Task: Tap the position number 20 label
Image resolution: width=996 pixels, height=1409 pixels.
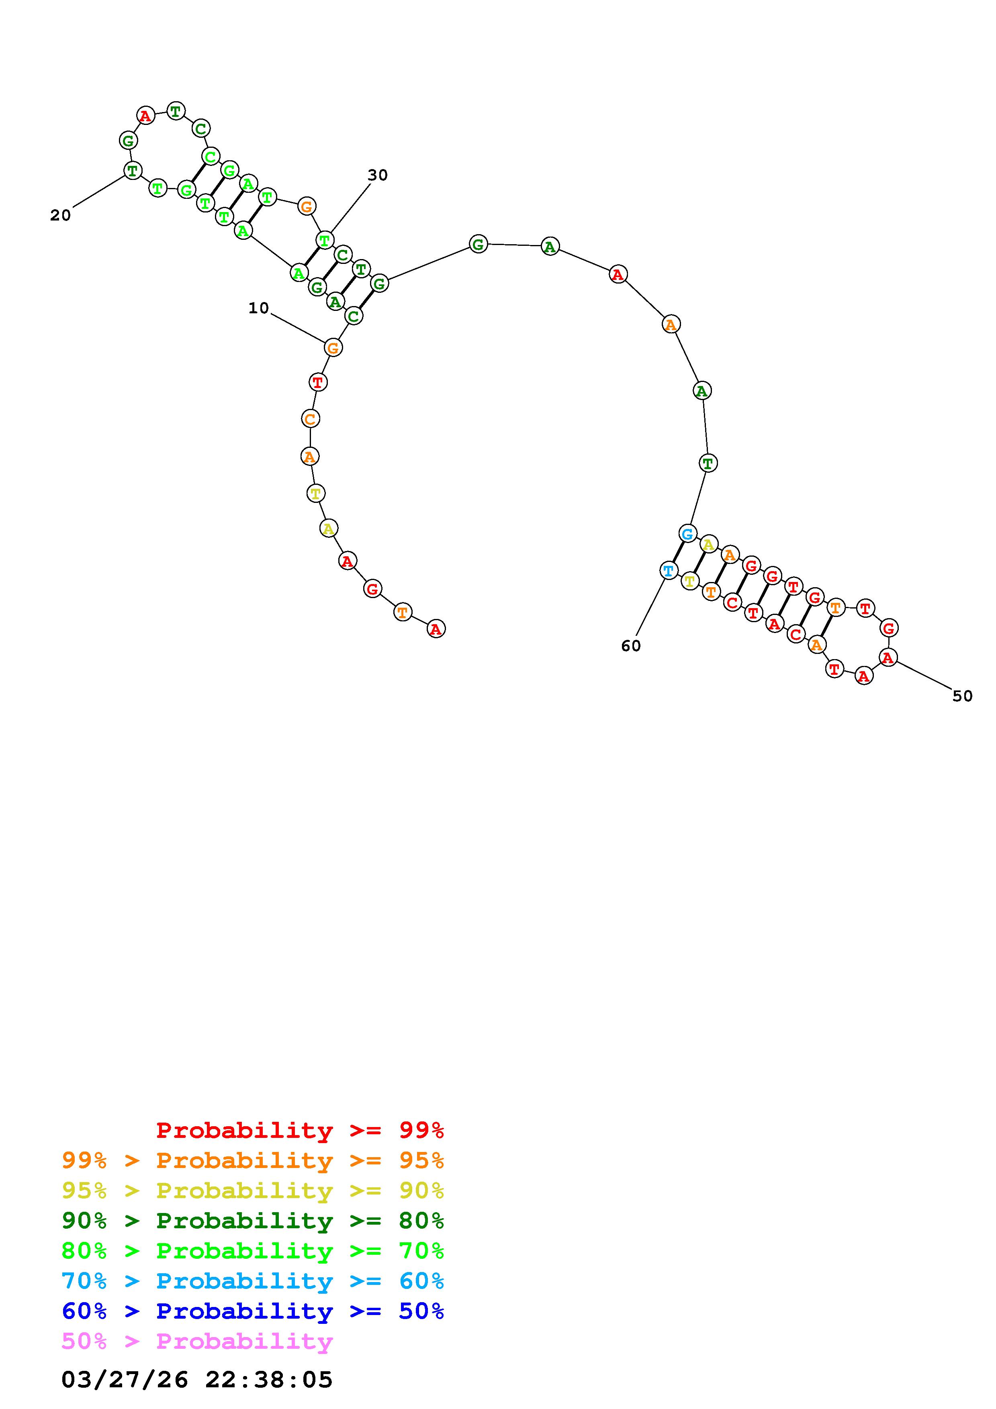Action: click(x=60, y=215)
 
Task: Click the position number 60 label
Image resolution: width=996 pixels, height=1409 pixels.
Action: click(x=631, y=645)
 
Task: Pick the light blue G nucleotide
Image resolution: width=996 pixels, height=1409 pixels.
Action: click(x=687, y=533)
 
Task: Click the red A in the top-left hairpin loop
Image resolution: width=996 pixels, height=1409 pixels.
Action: click(x=145, y=115)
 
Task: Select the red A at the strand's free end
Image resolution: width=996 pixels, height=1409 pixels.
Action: click(x=436, y=629)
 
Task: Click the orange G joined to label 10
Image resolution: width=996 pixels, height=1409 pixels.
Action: click(x=333, y=347)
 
